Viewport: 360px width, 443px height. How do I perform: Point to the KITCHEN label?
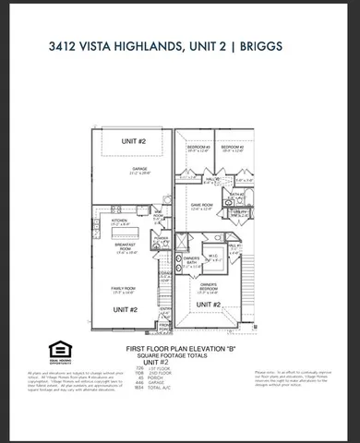coord(118,221)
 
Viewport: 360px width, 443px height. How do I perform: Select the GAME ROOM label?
coord(202,205)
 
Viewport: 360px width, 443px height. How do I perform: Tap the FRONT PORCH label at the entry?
coord(163,325)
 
